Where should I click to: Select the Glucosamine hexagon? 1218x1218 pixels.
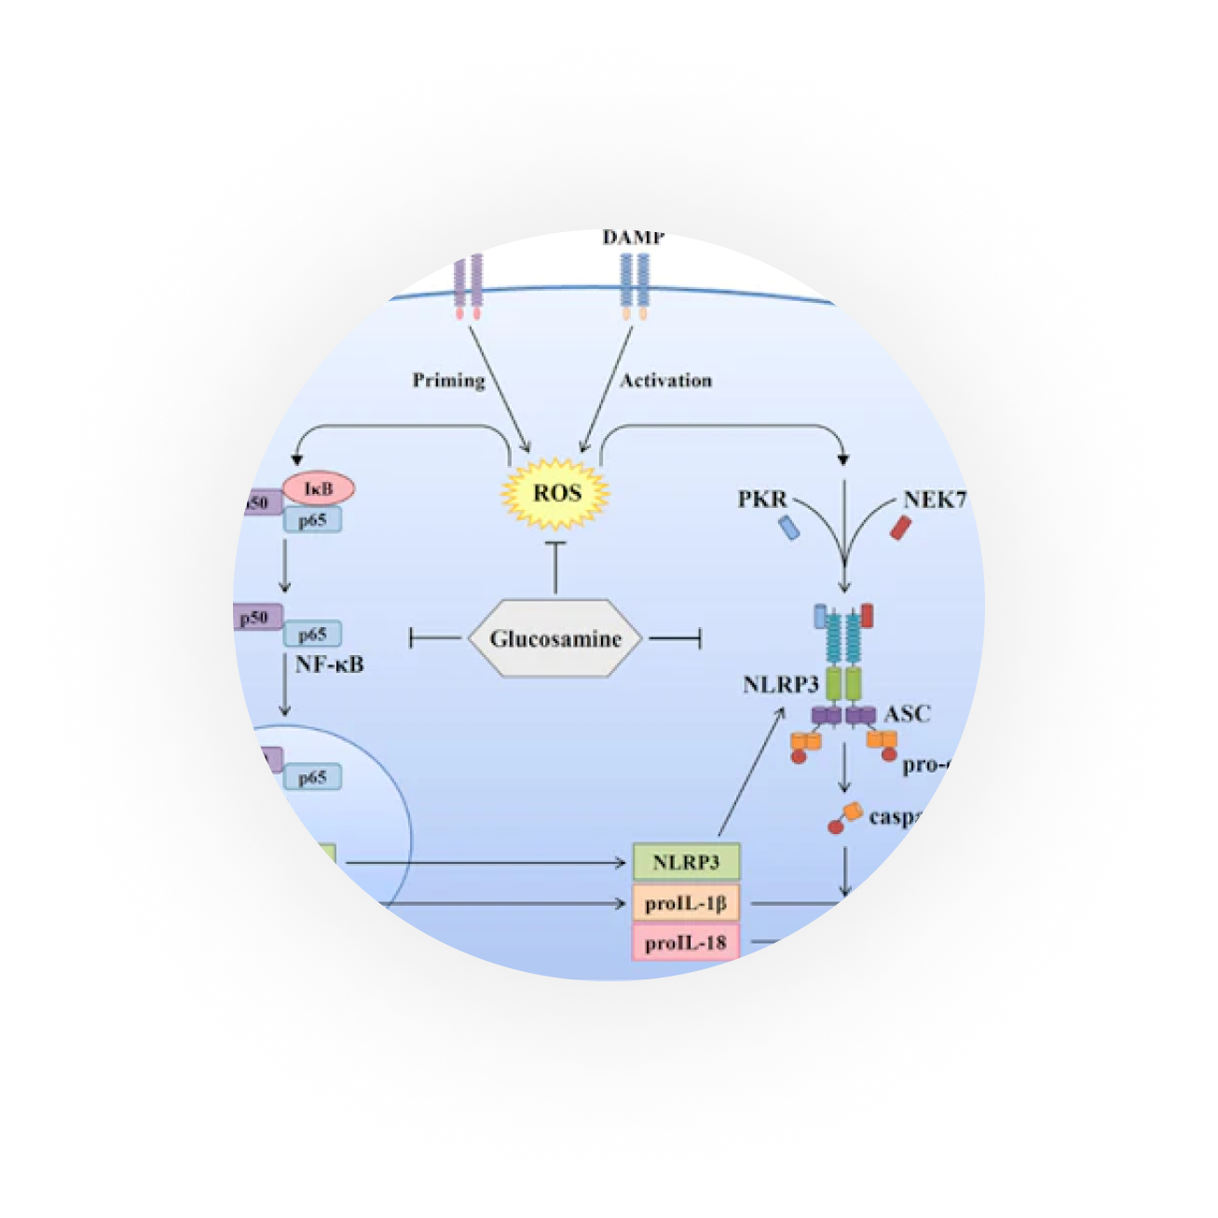555,639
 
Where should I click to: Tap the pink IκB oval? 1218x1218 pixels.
319,488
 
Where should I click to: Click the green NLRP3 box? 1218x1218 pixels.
686,862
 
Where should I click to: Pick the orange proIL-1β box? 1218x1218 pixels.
686,903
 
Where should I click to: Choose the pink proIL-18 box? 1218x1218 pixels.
686,942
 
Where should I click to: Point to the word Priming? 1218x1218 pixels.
449,380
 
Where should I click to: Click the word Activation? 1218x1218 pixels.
665,380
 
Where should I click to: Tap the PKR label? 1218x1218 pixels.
762,500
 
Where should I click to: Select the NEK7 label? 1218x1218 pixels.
934,500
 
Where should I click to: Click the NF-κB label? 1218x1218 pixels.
329,664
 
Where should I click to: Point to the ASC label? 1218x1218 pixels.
907,714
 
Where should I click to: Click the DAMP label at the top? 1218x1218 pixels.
634,239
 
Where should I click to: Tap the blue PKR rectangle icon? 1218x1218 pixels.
789,528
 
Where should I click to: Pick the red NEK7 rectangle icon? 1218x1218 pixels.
899,528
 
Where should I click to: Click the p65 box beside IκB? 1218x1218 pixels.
312,520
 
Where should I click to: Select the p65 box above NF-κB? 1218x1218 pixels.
312,635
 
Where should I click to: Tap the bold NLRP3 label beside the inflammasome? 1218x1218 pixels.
780,685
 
